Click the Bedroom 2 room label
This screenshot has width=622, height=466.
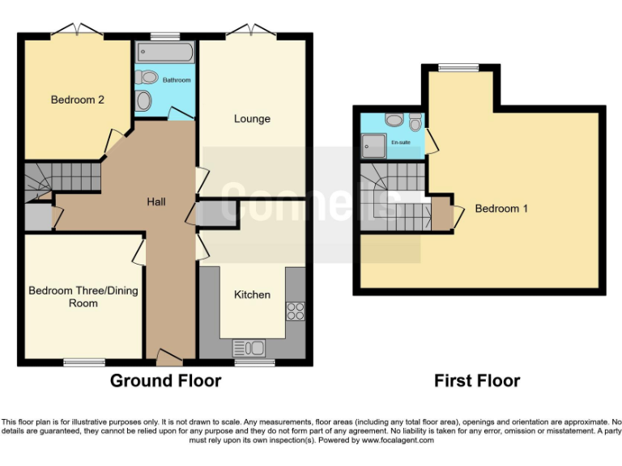(x=78, y=100)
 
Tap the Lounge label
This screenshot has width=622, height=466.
(x=252, y=119)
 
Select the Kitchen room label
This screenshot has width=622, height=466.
(x=252, y=294)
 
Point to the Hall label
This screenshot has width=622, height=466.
(x=156, y=201)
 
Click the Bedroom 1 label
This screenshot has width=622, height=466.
(x=501, y=208)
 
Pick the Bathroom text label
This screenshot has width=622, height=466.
(x=177, y=80)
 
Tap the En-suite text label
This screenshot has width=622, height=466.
(x=401, y=142)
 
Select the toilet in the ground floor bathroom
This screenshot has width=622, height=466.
(x=147, y=78)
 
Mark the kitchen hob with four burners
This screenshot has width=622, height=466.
(x=295, y=311)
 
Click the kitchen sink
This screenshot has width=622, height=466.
(x=249, y=349)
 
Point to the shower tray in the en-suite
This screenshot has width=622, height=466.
(x=375, y=146)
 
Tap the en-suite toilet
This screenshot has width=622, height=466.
(x=415, y=123)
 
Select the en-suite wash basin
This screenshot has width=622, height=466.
(x=394, y=120)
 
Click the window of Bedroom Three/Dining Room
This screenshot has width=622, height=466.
(x=84, y=362)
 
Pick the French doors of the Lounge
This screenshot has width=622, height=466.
(x=251, y=33)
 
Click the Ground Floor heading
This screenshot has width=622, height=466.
(x=165, y=380)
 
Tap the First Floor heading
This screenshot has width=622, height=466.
(x=477, y=380)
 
